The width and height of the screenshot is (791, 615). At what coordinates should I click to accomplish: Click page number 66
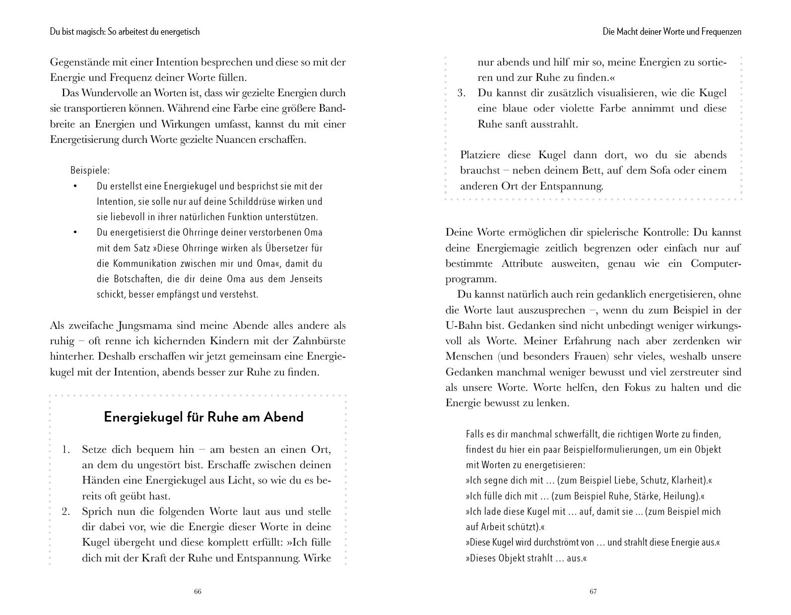point(198,591)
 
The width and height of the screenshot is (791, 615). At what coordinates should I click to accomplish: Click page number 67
point(593,591)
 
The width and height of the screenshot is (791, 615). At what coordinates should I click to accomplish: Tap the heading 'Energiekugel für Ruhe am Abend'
point(203,417)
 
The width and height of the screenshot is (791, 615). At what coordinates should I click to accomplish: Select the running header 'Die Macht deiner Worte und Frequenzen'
point(672,32)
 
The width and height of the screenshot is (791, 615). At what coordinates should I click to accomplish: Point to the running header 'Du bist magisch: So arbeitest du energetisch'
point(125,32)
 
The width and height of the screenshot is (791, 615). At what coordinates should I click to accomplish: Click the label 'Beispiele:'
point(90,170)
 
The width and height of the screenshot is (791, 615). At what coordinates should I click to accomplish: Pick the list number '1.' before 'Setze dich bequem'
point(66,450)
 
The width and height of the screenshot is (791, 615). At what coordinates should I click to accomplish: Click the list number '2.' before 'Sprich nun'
point(66,511)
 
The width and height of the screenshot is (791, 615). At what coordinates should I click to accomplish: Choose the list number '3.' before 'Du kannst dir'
point(461,93)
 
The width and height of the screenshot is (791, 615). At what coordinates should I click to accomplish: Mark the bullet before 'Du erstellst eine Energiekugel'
point(75,186)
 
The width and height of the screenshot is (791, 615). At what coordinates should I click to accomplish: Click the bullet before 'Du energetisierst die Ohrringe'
point(75,232)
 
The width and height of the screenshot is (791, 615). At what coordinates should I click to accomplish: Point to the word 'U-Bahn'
point(463,325)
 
